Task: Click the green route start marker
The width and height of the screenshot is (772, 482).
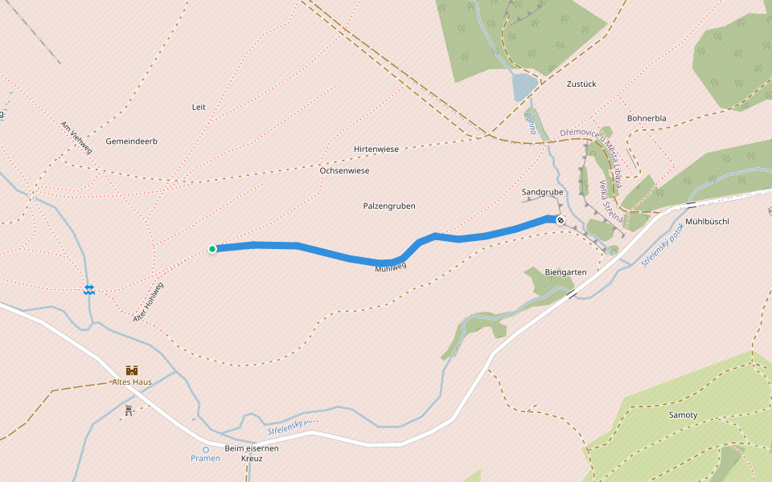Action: pos(212,249)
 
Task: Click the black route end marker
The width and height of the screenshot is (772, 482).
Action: pos(560,220)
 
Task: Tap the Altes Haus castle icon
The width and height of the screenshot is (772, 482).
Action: pos(132,370)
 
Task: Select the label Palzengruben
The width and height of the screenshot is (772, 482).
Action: pos(389,206)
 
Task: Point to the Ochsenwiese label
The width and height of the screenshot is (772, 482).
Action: pos(344,171)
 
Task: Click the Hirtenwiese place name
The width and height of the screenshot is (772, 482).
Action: pos(376,149)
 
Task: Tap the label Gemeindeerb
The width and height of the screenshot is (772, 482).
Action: pos(131,141)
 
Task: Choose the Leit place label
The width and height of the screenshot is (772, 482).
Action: pos(199,107)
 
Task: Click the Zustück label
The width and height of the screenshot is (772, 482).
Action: pos(581,84)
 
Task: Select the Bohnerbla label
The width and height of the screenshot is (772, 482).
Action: pos(647,119)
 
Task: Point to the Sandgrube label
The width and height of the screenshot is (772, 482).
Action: pos(542,193)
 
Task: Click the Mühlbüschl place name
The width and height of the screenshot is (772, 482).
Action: pos(707,222)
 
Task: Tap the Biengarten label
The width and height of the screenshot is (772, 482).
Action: pos(565,272)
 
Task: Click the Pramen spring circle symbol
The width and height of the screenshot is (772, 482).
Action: pos(206,450)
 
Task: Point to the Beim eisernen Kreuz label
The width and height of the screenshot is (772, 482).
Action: pos(252,453)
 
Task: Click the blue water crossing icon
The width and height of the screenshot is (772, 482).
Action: pos(89,289)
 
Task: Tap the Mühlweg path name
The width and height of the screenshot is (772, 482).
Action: pos(391,268)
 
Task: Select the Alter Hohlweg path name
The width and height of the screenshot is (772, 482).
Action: pos(149,303)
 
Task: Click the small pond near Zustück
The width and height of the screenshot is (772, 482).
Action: pos(524,86)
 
